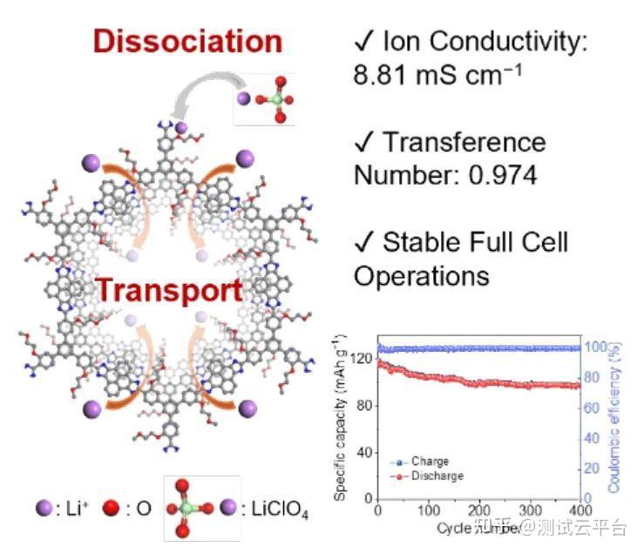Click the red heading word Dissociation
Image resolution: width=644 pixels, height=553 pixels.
[187, 41]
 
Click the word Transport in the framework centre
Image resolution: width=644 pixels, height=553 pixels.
[169, 290]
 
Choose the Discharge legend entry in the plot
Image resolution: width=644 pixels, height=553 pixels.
[433, 476]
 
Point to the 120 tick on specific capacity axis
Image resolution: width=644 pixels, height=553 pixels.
[363, 359]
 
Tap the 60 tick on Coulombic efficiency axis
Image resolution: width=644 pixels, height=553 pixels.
[594, 408]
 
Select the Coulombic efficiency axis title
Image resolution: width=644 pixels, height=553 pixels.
[617, 418]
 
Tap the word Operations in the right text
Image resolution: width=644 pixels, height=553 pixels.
[421, 276]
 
